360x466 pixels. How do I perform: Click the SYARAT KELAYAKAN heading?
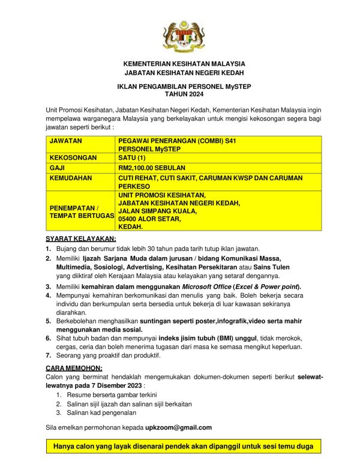81,239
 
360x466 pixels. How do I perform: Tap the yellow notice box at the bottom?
184,447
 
